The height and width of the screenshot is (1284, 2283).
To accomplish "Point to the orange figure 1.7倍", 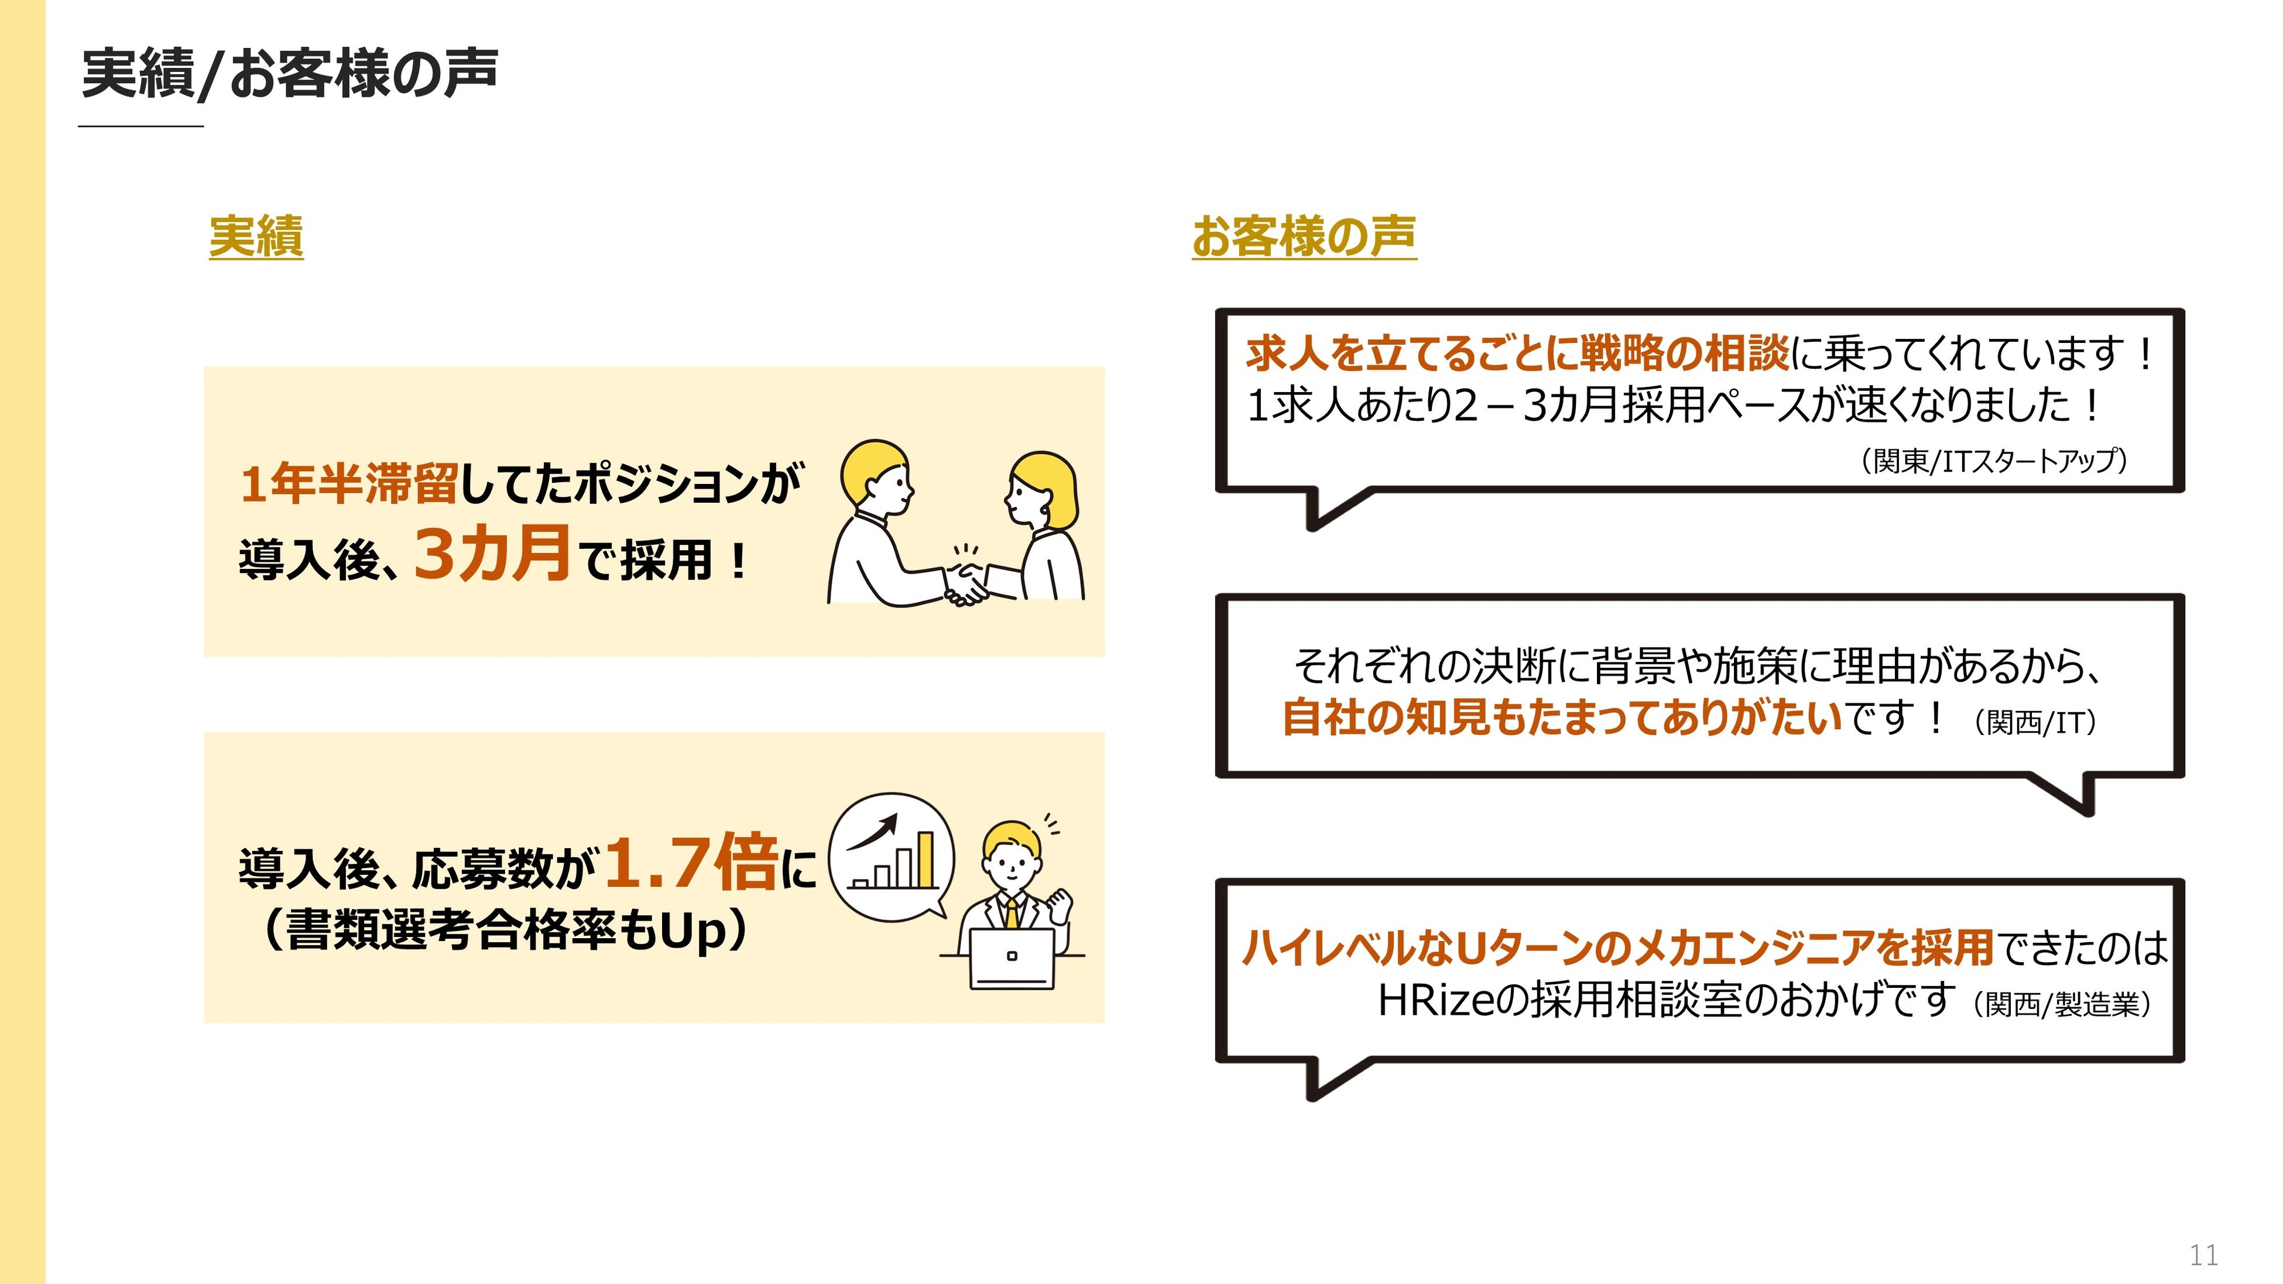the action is [692, 862].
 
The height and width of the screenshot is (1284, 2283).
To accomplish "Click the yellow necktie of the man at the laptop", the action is [1011, 913].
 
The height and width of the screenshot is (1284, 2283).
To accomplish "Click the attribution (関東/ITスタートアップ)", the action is [1993, 461].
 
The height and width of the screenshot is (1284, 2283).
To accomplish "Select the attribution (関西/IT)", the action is [2035, 722].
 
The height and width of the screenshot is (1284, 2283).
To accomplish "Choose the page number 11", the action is [2203, 1255].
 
